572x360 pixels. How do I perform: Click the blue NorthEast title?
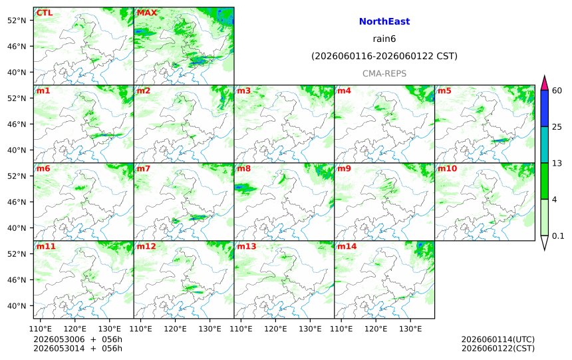click(x=384, y=21)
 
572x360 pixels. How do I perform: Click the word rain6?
click(x=384, y=39)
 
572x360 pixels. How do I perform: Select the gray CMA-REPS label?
click(x=384, y=74)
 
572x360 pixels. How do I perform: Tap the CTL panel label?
click(x=45, y=13)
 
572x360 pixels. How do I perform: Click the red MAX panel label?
click(x=146, y=13)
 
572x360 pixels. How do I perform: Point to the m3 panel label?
click(x=244, y=90)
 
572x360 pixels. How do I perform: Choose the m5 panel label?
click(x=445, y=90)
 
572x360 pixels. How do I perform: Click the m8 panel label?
click(x=244, y=168)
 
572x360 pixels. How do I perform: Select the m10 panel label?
click(x=447, y=168)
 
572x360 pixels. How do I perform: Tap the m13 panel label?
click(x=247, y=246)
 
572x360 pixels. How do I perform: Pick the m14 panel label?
click(x=347, y=246)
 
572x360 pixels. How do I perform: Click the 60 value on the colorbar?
click(x=557, y=90)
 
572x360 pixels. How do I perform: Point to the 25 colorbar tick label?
click(x=557, y=127)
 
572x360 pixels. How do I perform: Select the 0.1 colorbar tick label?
click(x=558, y=236)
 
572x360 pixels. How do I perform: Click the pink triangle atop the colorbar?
click(x=544, y=83)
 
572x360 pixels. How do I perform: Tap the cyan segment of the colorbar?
click(x=544, y=144)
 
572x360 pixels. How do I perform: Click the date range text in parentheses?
click(x=384, y=56)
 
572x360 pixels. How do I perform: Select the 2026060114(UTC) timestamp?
click(x=498, y=339)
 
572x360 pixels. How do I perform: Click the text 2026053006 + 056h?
click(x=78, y=339)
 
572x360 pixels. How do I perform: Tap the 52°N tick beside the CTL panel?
click(x=17, y=21)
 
